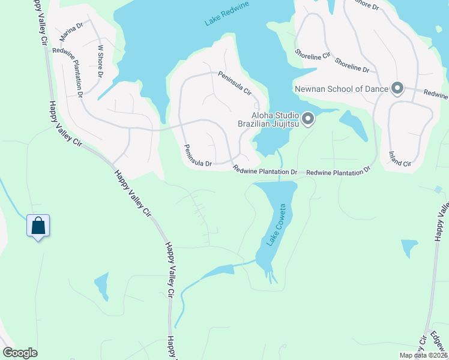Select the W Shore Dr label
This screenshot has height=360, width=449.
pos(100,61)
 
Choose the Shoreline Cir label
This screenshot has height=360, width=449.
pos(313,55)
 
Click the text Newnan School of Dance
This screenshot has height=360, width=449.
pos(341,89)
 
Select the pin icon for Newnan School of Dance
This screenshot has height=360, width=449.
pos(397,89)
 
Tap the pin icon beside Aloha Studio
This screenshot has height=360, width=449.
pos(308,119)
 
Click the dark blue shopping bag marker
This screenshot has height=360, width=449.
pos(38,226)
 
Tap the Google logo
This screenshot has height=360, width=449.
pos(20,353)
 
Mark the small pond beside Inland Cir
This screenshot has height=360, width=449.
pos(354,125)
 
